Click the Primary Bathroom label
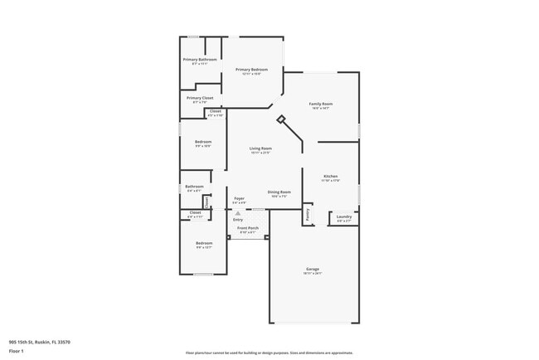tap(200, 60)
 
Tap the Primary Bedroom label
tap(252, 70)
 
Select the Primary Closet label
tap(200, 98)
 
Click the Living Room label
tap(260, 148)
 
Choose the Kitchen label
tap(330, 177)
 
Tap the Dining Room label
tap(279, 192)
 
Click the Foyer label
tap(239, 198)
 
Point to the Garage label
tap(313, 269)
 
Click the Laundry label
tap(343, 217)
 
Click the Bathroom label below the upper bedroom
tap(194, 187)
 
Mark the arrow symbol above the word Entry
tap(237, 212)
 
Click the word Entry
tap(238, 219)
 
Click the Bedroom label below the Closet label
tap(204, 243)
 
